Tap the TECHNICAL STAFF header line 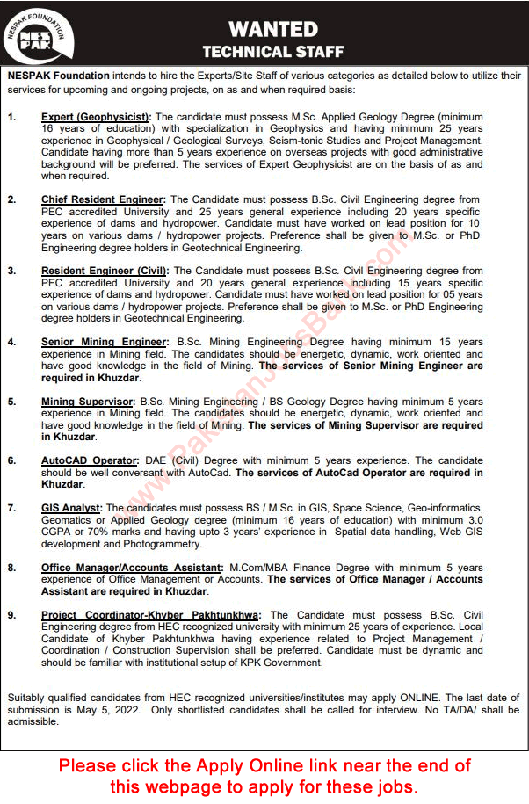pos(272,52)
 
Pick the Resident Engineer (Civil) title pos(105,272)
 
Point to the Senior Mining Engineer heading pos(104,342)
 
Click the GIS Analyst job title pos(71,508)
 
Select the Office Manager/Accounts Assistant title pos(134,568)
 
